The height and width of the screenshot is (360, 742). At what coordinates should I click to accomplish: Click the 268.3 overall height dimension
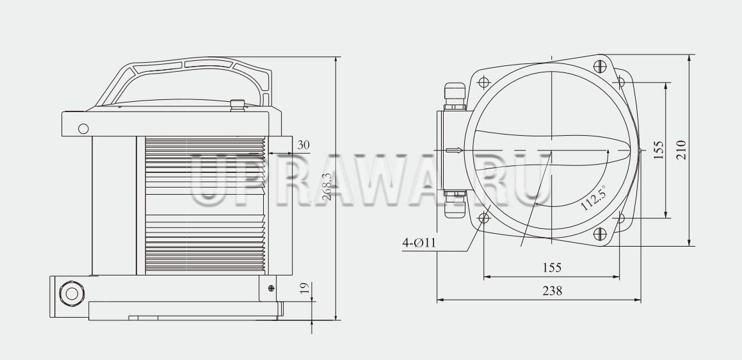pos(327,186)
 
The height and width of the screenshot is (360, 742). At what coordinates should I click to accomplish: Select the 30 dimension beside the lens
pos(303,145)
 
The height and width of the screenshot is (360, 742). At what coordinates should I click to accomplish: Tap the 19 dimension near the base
pos(305,288)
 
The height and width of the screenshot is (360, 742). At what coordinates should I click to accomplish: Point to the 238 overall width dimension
pos(552,291)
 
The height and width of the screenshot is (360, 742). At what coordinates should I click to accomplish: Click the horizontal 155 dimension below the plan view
pos(552,268)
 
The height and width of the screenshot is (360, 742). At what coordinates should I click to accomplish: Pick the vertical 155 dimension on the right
pos(658,150)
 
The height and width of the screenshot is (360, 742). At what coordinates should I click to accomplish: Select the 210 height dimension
pos(681,150)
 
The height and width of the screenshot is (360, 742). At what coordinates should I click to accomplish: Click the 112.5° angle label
pos(593,197)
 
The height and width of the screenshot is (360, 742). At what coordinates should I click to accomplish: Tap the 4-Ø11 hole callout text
pos(419,243)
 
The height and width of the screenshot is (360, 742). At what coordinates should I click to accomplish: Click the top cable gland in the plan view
pos(455,96)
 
